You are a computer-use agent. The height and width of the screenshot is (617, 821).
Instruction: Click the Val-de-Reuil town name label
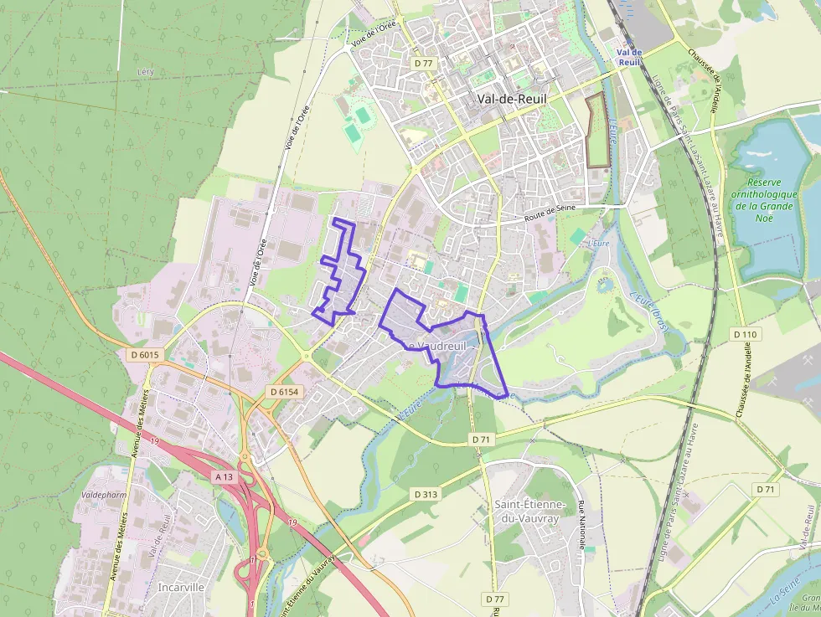pyautogui.click(x=511, y=98)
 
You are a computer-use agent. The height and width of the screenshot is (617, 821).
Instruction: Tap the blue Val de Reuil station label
pyautogui.click(x=628, y=56)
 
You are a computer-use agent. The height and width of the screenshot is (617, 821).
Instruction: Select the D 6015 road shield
pyautogui.click(x=145, y=355)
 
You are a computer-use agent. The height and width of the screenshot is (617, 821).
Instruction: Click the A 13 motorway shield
pyautogui.click(x=224, y=476)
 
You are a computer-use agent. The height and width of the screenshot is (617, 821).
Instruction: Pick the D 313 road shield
pyautogui.click(x=426, y=494)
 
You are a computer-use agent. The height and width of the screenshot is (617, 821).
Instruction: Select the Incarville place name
pyautogui.click(x=180, y=587)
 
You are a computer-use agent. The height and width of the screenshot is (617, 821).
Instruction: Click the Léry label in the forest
pyautogui.click(x=145, y=73)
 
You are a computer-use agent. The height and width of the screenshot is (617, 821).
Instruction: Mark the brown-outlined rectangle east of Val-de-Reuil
pyautogui.click(x=596, y=131)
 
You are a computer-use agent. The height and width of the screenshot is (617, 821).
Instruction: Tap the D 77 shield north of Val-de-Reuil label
pyautogui.click(x=423, y=63)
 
